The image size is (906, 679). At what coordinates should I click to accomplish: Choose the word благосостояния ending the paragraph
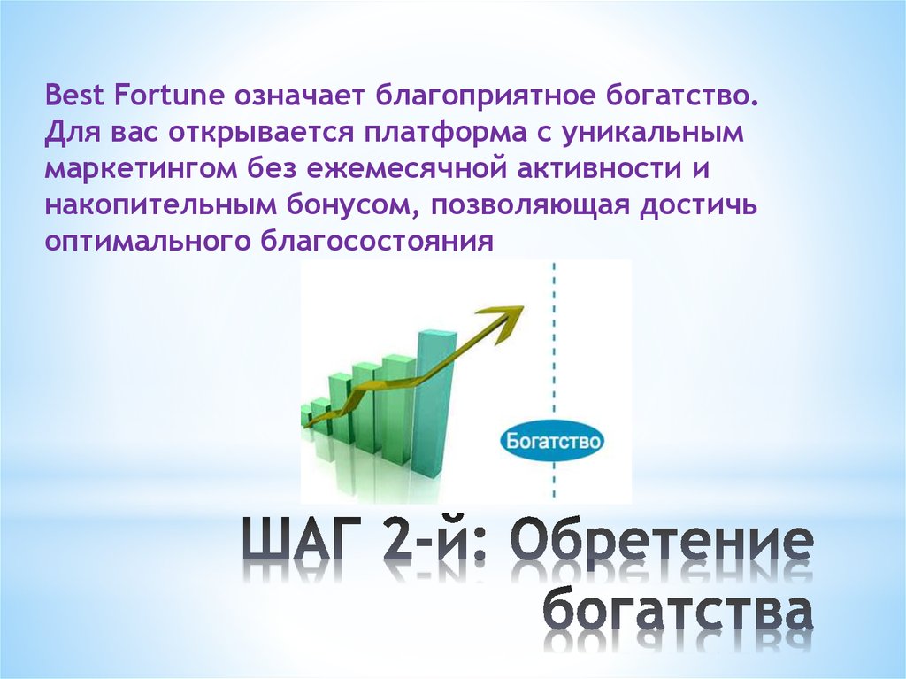375,242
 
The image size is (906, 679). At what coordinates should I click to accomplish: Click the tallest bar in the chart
435,390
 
